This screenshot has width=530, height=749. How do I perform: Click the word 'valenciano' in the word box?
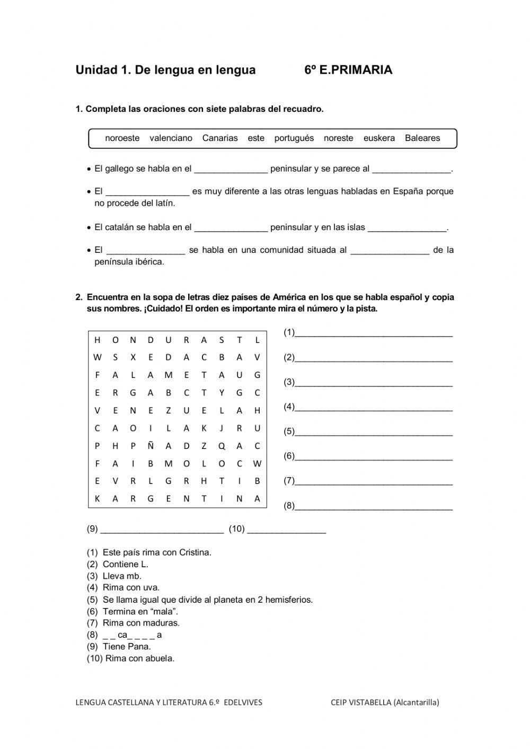click(171, 138)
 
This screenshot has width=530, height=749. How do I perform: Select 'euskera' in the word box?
click(379, 138)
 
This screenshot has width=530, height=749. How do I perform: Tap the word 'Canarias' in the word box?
click(220, 138)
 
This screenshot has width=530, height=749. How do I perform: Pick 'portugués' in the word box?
click(294, 138)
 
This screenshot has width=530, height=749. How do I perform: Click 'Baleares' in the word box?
click(422, 138)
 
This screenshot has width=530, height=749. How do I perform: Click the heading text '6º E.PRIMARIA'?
click(348, 70)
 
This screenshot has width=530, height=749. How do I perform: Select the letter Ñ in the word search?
click(151, 446)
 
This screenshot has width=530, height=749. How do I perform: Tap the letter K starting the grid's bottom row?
click(98, 499)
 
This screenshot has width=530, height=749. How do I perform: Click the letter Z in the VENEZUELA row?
click(169, 410)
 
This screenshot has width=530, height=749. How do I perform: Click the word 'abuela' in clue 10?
click(161, 658)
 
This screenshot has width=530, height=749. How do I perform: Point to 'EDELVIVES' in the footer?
click(243, 702)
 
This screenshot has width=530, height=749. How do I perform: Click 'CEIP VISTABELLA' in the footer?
click(361, 702)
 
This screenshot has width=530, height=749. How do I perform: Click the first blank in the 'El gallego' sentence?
click(231, 170)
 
